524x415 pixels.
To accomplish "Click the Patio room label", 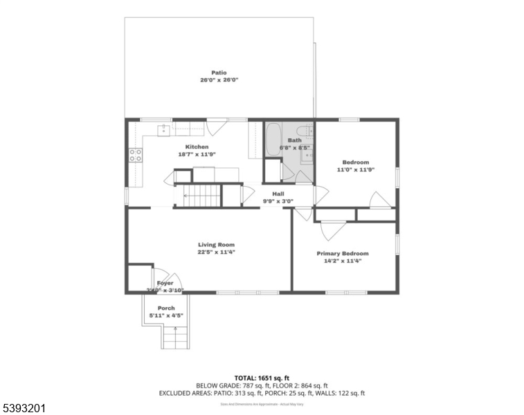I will point(219,73).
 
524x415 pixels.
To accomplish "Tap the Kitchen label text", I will point(197,147).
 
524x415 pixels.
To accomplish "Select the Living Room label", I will point(216,244).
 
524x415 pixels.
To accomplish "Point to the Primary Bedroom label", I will point(343,253).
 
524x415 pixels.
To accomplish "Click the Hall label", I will point(278,194).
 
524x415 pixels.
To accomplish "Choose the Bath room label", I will point(295,140).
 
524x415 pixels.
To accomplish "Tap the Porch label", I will point(166,308).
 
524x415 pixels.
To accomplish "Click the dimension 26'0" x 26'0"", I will point(219,80).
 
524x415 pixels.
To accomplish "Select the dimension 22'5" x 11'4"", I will point(216,252).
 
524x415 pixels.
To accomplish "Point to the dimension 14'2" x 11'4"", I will point(343,261).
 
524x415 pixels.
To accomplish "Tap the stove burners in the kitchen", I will point(135,155).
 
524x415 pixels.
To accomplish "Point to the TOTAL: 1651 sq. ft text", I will point(262,378).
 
